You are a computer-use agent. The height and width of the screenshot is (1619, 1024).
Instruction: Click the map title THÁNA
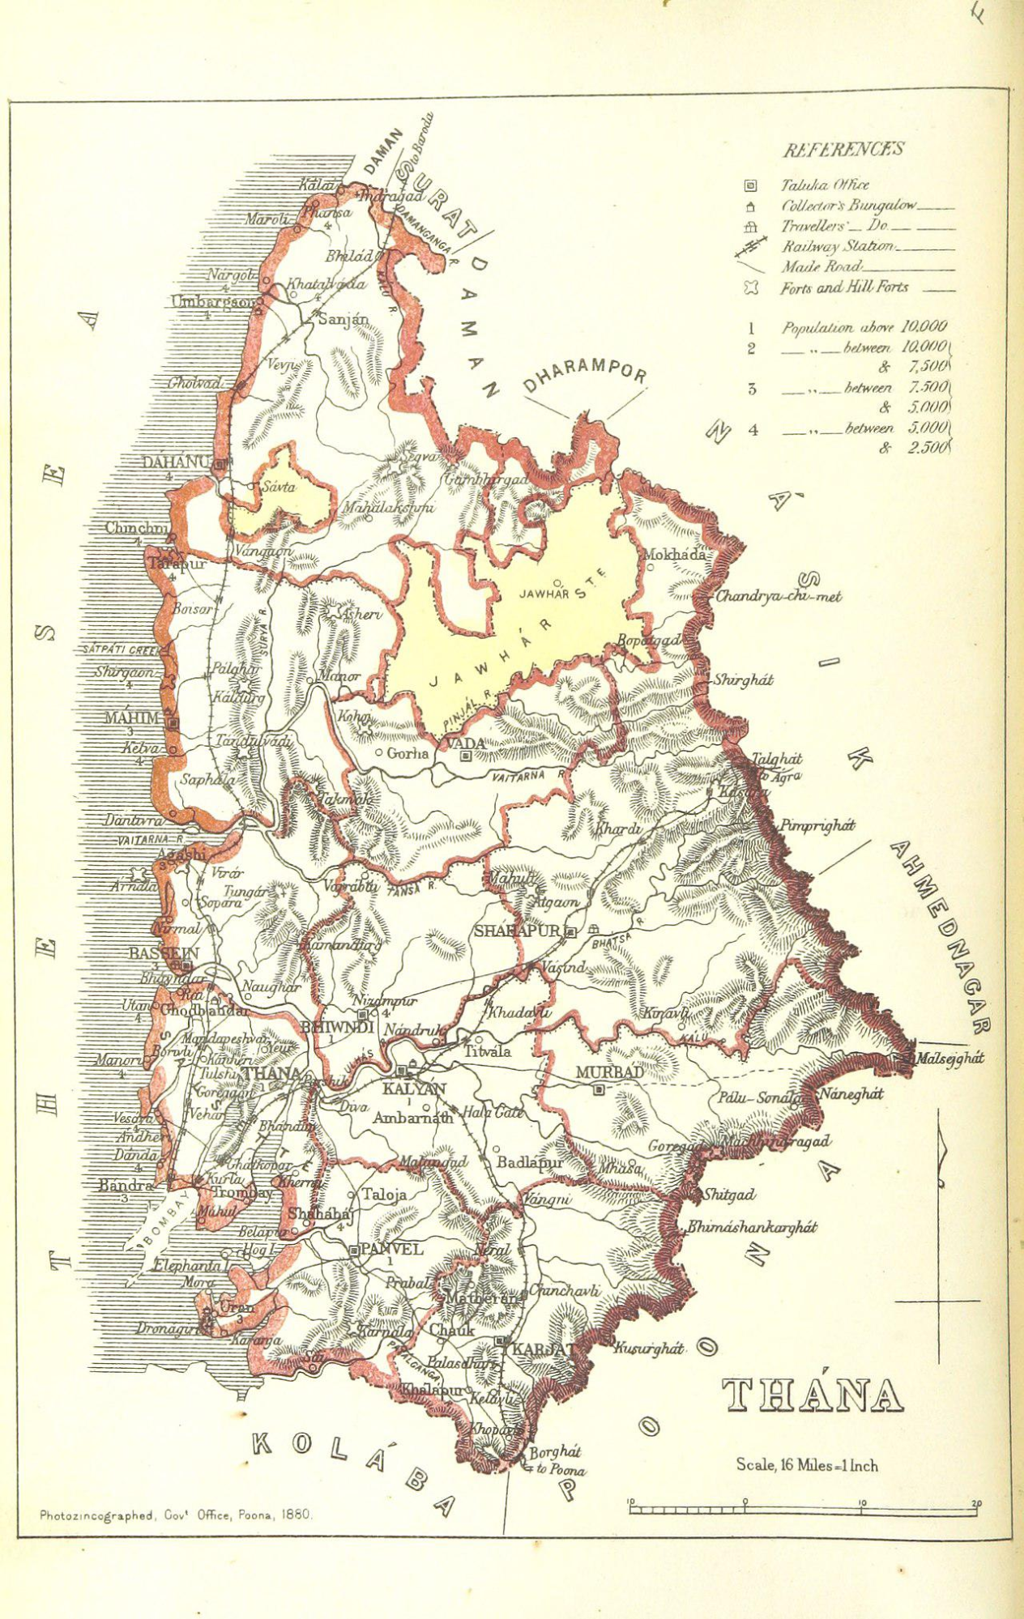812,1395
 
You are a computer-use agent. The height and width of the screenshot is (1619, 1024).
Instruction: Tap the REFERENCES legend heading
843,150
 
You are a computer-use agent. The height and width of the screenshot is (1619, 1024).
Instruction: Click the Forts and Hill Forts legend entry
844,288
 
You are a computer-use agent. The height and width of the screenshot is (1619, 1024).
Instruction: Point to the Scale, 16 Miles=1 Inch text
806,1465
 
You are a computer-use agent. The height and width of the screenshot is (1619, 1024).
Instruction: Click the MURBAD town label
609,1072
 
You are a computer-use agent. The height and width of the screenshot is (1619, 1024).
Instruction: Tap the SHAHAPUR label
517,931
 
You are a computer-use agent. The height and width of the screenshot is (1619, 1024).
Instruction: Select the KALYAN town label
413,1089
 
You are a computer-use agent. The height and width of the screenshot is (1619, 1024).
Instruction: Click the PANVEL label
390,1249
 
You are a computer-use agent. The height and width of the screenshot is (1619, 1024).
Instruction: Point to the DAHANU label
175,462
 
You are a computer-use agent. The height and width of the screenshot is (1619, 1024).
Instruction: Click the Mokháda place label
673,555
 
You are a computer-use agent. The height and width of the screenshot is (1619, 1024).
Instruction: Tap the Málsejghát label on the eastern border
948,1058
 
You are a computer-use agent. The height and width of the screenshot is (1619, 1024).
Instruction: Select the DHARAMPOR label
585,373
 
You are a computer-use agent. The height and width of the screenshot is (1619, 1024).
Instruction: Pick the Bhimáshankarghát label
751,1227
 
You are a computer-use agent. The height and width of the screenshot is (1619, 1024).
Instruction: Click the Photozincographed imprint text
175,1515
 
